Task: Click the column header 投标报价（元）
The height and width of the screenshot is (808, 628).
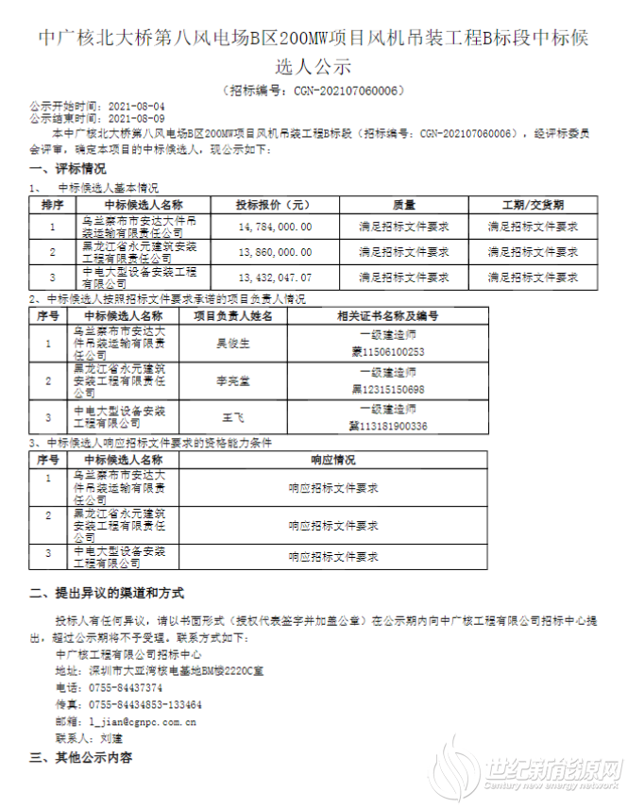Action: [x=274, y=204]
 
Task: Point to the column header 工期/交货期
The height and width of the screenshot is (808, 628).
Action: [x=532, y=204]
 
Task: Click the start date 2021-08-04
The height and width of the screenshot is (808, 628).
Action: [x=137, y=107]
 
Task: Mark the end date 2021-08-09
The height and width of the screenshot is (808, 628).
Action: [x=137, y=119]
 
